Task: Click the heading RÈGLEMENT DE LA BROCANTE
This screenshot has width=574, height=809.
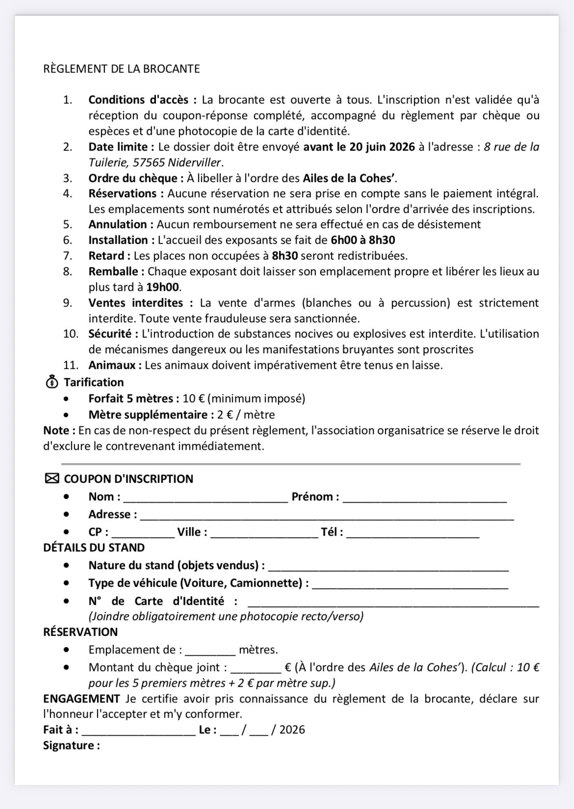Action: click(121, 69)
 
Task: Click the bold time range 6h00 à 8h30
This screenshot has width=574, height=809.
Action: click(363, 240)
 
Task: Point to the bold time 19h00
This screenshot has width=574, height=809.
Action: click(163, 287)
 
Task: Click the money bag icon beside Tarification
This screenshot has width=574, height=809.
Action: click(52, 382)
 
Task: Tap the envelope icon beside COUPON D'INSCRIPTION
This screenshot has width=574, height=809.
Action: click(52, 478)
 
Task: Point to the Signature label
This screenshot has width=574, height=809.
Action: click(72, 745)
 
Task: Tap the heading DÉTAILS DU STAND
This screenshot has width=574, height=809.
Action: click(94, 548)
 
